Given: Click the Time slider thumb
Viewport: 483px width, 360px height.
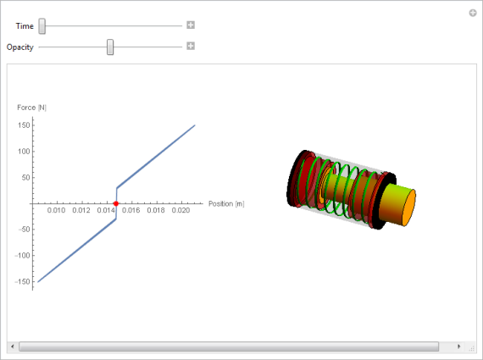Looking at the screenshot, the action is point(42,26).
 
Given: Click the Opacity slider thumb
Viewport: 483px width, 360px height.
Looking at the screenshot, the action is point(110,47).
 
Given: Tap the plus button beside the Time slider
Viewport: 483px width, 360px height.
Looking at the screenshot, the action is point(191,25).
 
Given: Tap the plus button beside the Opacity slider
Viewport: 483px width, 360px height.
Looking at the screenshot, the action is point(191,46).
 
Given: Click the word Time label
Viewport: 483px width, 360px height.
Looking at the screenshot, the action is point(25,26).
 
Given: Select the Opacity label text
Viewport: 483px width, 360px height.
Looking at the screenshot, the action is point(20,47).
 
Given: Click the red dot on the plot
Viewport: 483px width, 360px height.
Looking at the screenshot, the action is point(116,203).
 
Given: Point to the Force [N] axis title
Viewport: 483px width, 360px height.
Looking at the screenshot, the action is point(31,108).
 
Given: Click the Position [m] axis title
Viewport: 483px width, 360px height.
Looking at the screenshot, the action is point(226,204).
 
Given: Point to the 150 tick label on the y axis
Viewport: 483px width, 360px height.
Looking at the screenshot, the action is point(24,125).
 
